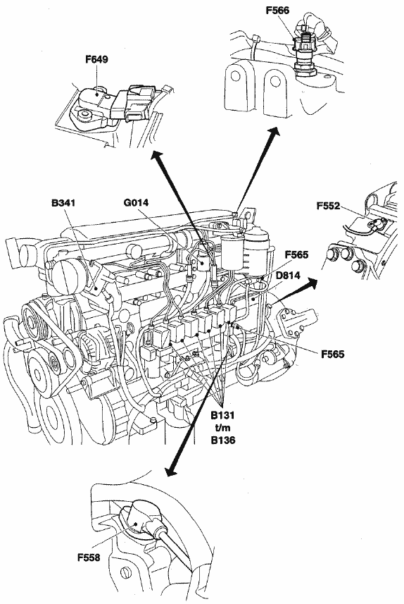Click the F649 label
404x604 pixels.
pyautogui.click(x=96, y=60)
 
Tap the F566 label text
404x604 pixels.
pyautogui.click(x=277, y=11)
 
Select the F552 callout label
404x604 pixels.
pyautogui.click(x=328, y=206)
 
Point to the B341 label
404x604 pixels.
pyautogui.click(x=63, y=203)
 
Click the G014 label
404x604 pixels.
pyautogui.click(x=137, y=202)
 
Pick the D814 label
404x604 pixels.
pyautogui.click(x=288, y=276)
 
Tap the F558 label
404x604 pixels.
pyautogui.click(x=89, y=557)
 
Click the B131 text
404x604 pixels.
pyautogui.click(x=222, y=416)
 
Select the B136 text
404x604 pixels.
pyautogui.click(x=223, y=440)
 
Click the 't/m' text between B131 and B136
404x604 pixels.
pyautogui.click(x=222, y=428)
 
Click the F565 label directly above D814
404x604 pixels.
pyautogui.click(x=296, y=255)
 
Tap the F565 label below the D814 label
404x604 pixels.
pyautogui.click(x=333, y=354)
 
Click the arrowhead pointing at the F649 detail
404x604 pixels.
pyautogui.click(x=156, y=156)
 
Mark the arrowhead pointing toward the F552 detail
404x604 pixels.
pyautogui.click(x=312, y=283)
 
